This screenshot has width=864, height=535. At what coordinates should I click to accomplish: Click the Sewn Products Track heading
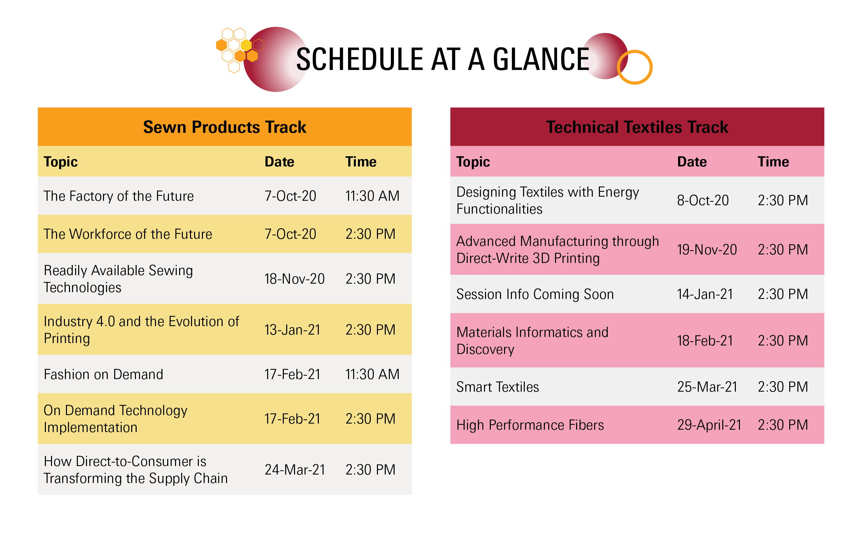coord(224,127)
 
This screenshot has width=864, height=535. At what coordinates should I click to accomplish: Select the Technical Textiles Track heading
coord(637,127)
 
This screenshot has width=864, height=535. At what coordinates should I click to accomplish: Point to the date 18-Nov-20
coord(294,279)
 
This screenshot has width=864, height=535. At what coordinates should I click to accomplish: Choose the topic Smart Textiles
coord(497,387)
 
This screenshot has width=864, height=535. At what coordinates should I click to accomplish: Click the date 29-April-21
coord(709,425)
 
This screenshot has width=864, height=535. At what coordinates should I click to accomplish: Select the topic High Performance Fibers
coord(530,425)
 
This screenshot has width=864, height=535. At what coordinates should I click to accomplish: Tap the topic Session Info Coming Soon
coord(535,295)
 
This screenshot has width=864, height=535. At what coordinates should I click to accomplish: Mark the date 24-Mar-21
coord(294,470)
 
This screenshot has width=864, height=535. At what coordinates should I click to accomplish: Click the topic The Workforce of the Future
coord(127,234)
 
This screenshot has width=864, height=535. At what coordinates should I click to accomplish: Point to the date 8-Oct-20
coord(703,201)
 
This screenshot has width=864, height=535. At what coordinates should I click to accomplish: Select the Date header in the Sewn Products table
coord(279,162)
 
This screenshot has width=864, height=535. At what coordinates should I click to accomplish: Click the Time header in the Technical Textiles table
coord(773,162)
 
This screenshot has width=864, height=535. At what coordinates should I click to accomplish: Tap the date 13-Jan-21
coord(292,330)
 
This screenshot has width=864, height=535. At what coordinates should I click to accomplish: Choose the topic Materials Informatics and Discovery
coord(532,341)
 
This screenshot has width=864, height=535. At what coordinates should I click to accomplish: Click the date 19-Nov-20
coord(707,250)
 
